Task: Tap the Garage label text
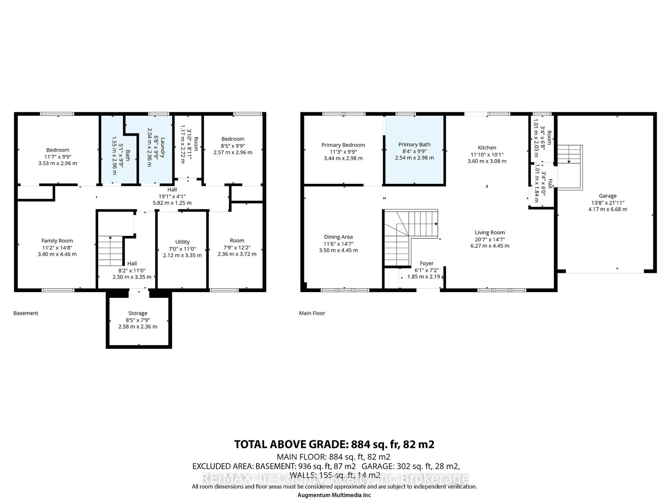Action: coord(608,196)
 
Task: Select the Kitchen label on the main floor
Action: coord(487,148)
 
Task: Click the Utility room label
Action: coord(182,242)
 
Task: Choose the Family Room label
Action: coord(57,241)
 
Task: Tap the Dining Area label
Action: coord(338,237)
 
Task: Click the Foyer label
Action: coord(426,264)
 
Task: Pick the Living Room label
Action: coord(490,233)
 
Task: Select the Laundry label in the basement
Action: coord(163,148)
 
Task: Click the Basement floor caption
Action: coord(26,313)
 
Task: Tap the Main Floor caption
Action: coord(312,313)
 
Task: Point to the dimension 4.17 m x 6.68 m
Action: coord(608,209)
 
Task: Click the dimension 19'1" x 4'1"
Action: coord(172,196)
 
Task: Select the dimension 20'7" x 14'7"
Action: coord(490,239)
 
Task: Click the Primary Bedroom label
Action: coord(343,145)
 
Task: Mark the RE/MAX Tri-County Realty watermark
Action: coord(335,478)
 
